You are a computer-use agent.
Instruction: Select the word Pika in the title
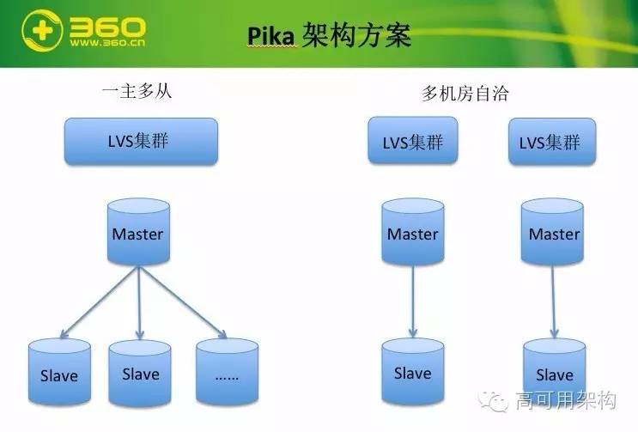[x=270, y=36]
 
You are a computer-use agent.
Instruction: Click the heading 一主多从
[x=137, y=91]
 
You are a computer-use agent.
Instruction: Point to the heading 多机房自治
[x=465, y=94]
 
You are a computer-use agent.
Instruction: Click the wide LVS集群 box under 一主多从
[x=141, y=142]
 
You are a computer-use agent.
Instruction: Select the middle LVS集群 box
[x=412, y=142]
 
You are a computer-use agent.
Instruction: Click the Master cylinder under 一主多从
[x=137, y=232]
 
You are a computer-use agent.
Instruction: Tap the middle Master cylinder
[x=412, y=232]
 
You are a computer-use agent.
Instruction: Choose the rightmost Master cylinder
[x=554, y=232]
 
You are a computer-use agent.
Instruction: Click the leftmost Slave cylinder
[x=58, y=374]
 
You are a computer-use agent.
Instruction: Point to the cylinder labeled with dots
[x=227, y=374]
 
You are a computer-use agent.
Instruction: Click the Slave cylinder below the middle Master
[x=412, y=372]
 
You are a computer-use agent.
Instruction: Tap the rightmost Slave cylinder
[x=554, y=374]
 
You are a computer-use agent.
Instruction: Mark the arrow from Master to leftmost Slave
[x=100, y=301]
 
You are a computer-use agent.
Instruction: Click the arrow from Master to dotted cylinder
[x=182, y=301]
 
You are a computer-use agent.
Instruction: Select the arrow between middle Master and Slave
[x=413, y=301]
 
